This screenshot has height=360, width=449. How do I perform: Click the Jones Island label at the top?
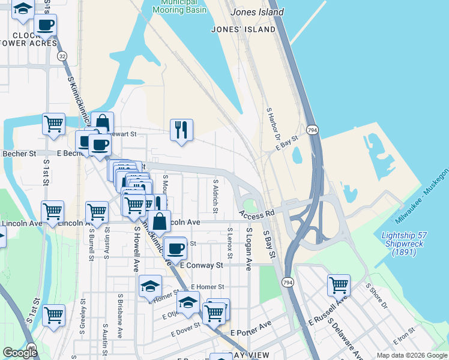256,12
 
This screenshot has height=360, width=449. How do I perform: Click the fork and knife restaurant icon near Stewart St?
181,130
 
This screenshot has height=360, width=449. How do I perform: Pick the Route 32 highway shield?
62,56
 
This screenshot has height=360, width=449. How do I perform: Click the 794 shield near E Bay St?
312,130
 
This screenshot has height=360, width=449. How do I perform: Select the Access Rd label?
256,213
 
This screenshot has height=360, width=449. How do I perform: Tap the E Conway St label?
201,265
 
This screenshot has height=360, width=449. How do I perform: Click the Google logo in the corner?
20,353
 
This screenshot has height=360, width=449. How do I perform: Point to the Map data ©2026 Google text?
412,355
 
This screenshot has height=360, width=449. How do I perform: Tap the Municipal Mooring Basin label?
179,7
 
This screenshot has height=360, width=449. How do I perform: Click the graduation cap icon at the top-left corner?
23,9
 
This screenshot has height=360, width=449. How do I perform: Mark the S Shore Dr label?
376,297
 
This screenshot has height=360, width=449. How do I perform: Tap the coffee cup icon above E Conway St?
175,247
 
